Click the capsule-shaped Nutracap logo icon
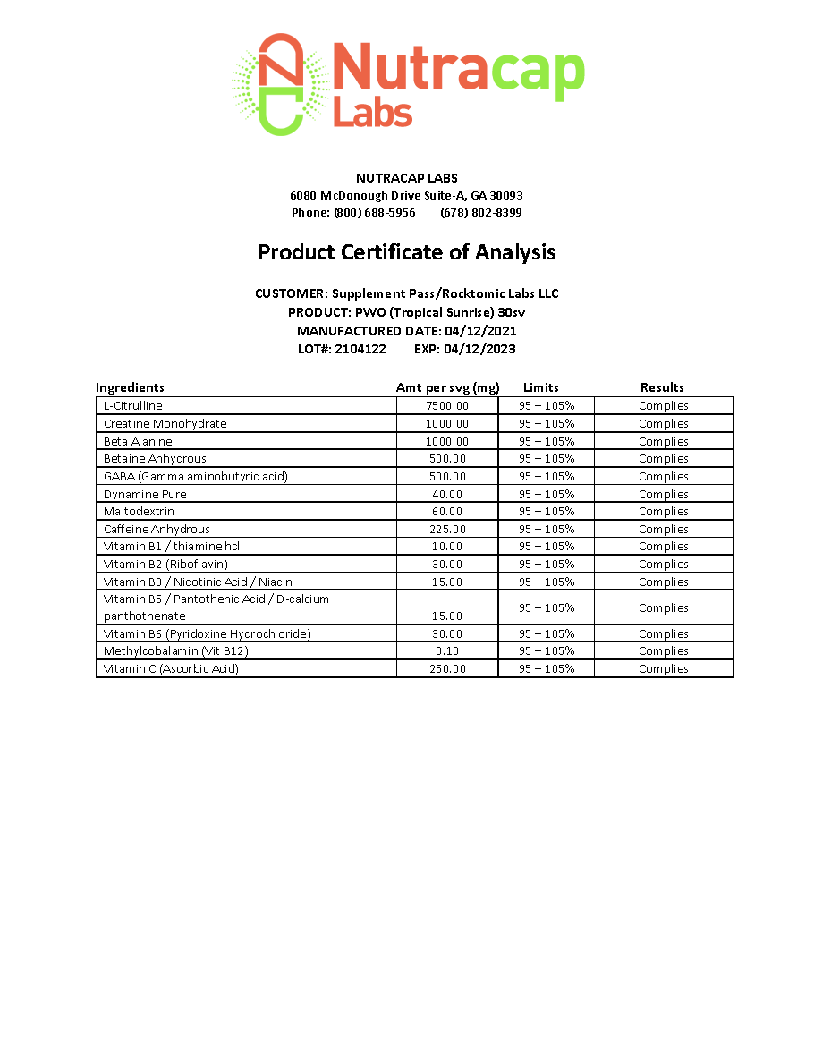(278, 84)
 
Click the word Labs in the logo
(372, 114)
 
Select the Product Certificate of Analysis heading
(406, 252)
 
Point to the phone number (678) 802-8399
(481, 213)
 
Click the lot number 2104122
(360, 349)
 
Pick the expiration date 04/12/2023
(479, 349)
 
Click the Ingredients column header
(130, 387)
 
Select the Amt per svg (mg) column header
(447, 387)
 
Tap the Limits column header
(540, 387)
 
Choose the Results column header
(662, 387)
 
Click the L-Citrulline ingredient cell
(133, 405)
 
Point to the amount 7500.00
(447, 405)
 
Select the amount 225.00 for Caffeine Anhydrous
(447, 529)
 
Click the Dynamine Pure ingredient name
(145, 494)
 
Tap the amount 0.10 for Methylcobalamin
(447, 651)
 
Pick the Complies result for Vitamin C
(663, 668)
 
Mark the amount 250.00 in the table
(447, 668)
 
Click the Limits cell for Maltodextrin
(547, 512)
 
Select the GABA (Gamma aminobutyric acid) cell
(196, 476)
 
